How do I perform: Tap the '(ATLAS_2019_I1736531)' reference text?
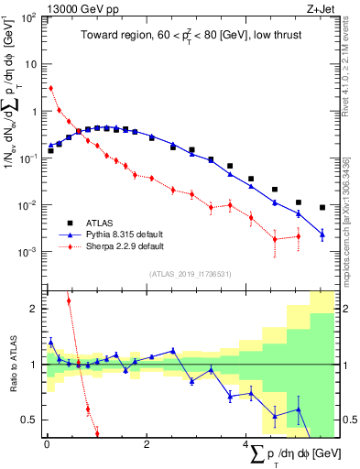point(190,273)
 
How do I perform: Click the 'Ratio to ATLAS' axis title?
point(11,365)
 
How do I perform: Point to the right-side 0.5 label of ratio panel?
point(350,420)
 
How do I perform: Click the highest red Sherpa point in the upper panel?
point(50,88)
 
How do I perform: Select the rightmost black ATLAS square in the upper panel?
point(322,207)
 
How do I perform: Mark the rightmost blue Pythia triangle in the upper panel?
point(322,234)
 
